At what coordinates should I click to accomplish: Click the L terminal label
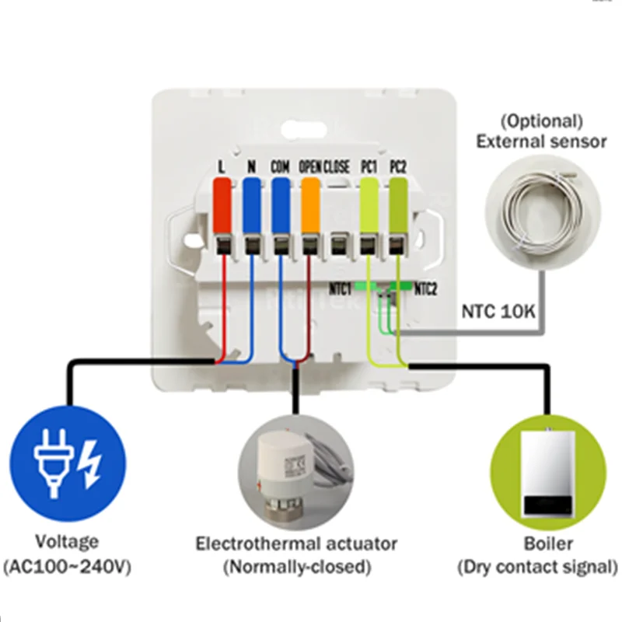pos(222,166)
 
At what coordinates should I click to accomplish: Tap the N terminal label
pos(251,166)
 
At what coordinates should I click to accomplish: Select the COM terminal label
pos(280,166)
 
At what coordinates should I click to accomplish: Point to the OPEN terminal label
pos(309,166)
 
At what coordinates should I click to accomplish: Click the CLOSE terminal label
pos(337,166)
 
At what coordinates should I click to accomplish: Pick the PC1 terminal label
pos(368,166)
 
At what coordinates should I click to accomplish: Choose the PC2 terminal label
pos(397,166)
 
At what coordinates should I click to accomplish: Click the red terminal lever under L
pos(222,204)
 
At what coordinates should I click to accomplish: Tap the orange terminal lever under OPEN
pos(309,204)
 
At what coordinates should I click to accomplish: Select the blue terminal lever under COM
pos(280,204)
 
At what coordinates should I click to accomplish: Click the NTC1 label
pos(341,285)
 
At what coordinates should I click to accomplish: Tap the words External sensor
pos(541,142)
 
